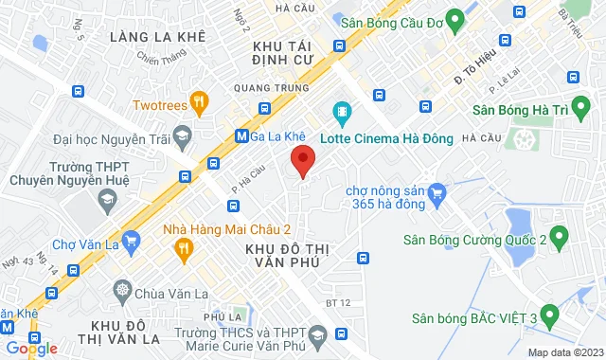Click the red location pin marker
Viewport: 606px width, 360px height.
point(302,160)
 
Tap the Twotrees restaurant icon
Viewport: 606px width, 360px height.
point(198,101)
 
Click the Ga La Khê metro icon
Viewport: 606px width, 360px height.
point(241,135)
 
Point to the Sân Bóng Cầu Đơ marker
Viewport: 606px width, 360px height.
point(454,18)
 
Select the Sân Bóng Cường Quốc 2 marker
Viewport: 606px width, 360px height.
point(559,235)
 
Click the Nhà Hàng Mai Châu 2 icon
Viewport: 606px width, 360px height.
point(185,248)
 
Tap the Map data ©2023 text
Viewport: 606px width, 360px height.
point(562,352)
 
